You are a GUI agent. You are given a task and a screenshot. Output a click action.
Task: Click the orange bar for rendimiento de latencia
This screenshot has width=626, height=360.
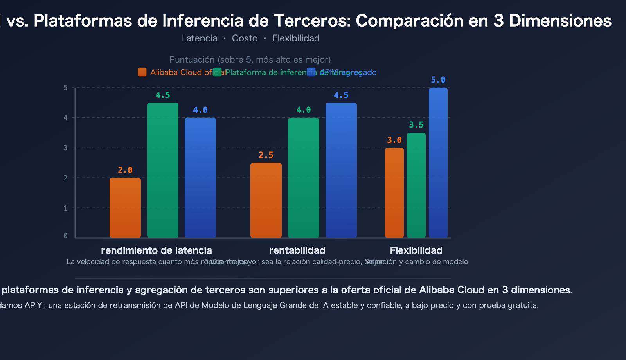[125, 208]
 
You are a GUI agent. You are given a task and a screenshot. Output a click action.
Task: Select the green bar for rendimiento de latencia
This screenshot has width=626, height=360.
[163, 170]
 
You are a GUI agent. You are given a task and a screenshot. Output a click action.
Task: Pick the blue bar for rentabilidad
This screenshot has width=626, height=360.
[341, 170]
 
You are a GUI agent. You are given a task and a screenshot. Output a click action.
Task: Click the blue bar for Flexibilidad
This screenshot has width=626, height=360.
[438, 163]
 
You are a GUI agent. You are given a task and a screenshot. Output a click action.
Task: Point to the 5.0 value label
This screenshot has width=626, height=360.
[438, 80]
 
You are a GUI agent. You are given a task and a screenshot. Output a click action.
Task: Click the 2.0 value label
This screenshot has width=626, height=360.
[125, 170]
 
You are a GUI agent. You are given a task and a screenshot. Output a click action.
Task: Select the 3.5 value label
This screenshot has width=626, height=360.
[416, 125]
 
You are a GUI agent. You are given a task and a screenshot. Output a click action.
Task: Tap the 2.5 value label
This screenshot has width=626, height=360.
[266, 155]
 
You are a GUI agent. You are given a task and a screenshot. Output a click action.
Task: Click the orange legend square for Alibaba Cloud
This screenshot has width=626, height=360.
[142, 72]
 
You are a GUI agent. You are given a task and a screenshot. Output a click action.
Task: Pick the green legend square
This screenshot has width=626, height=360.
[217, 72]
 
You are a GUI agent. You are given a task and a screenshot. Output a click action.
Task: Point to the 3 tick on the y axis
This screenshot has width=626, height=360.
[66, 148]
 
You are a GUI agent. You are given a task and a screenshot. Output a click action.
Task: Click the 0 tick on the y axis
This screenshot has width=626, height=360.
[66, 236]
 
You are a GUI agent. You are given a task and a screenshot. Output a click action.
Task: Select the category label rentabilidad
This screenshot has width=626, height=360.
[297, 250]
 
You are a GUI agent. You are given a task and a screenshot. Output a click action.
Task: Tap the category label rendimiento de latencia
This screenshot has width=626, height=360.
[156, 250]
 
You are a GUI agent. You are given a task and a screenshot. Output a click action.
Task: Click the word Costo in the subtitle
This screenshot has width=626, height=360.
[245, 38]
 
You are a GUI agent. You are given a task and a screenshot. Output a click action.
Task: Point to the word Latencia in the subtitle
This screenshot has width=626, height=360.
[199, 38]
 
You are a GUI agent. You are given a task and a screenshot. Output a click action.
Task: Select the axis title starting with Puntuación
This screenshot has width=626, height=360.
[250, 59]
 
